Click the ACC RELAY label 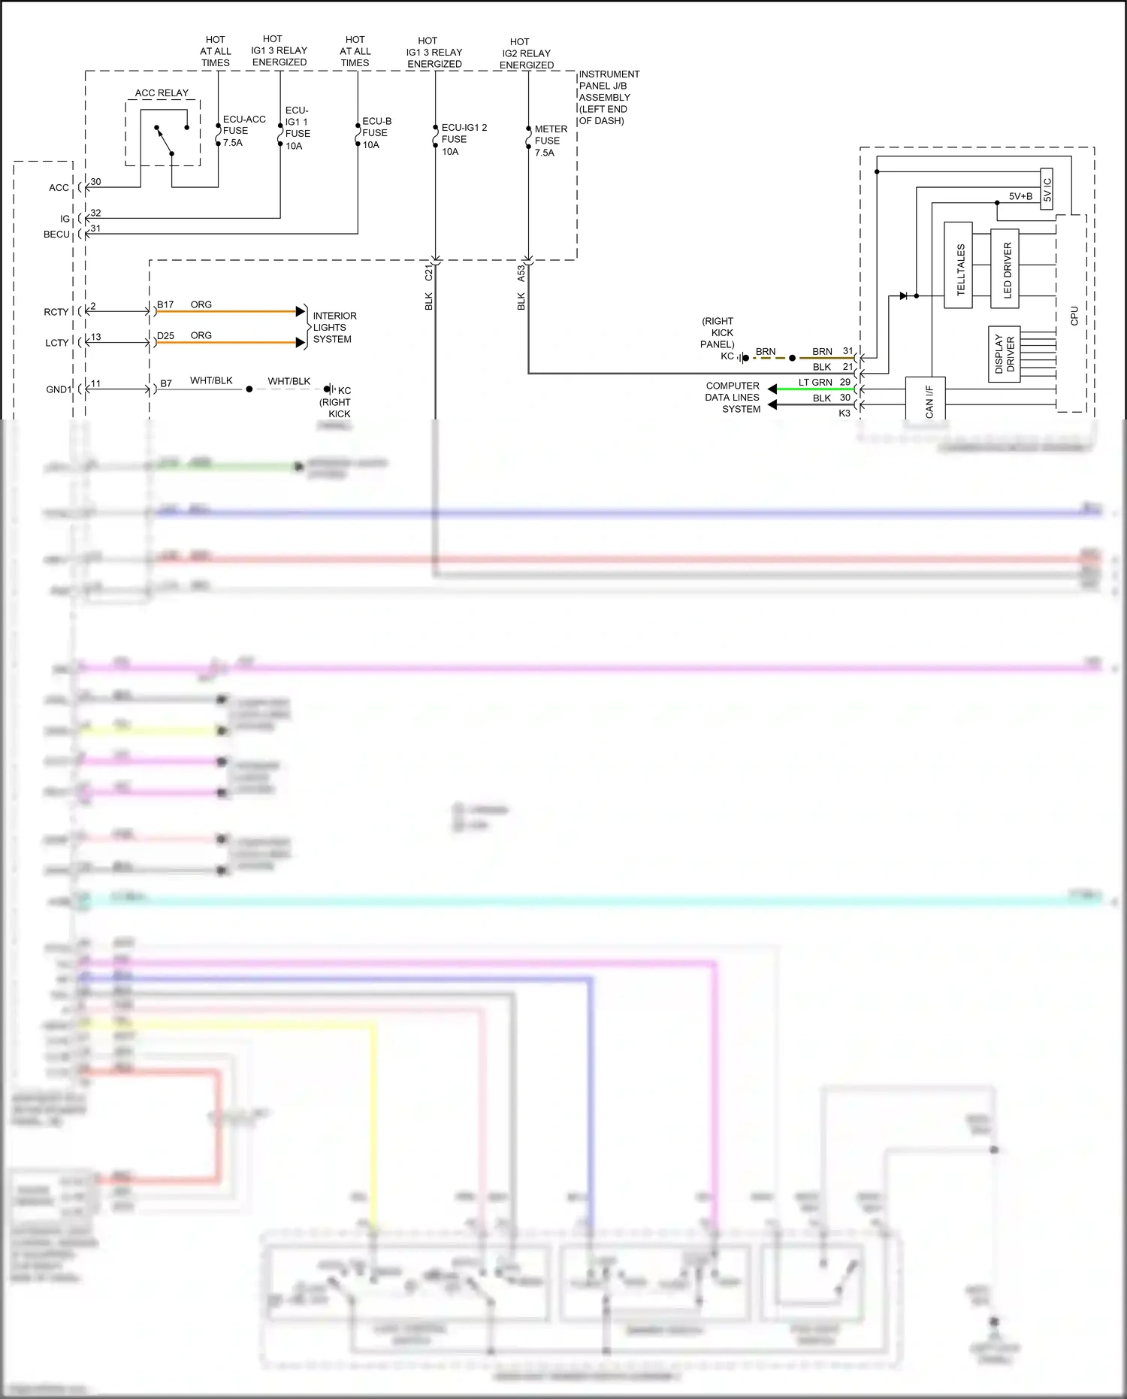(162, 93)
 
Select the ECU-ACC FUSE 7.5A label (243, 131)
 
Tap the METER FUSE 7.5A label (550, 141)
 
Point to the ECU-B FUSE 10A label (376, 133)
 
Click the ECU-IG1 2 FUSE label (463, 139)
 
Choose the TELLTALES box (958, 265)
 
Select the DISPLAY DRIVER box (1004, 354)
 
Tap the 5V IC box (1047, 189)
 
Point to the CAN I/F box (926, 398)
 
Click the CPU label (1074, 316)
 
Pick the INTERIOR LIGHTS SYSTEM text (334, 328)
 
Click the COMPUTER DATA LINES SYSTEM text (732, 398)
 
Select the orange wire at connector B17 (225, 311)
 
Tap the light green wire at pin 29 (815, 389)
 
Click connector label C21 (429, 273)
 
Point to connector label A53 (521, 274)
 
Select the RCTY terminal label (56, 312)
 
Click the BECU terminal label (56, 235)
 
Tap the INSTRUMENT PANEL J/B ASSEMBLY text (608, 97)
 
